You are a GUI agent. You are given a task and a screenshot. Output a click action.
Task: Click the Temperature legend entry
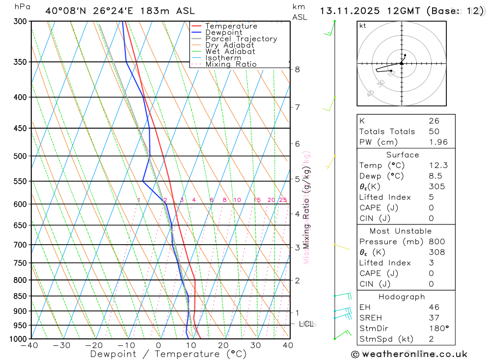(x=231, y=26)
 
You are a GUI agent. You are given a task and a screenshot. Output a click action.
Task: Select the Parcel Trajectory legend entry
(x=241, y=39)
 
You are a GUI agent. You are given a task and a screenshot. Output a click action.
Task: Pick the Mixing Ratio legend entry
(x=231, y=64)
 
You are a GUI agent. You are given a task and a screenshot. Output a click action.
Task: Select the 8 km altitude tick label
(x=297, y=69)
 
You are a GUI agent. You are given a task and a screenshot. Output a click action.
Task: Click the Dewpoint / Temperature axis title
(x=168, y=354)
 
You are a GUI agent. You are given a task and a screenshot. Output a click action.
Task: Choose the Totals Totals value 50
(x=434, y=132)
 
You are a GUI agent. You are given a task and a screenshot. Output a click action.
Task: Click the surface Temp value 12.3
(x=438, y=166)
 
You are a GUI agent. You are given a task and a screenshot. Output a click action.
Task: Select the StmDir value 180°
(x=438, y=329)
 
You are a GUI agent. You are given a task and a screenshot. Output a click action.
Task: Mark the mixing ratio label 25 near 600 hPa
(x=283, y=200)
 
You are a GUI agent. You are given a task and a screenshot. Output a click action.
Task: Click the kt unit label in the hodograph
(x=363, y=26)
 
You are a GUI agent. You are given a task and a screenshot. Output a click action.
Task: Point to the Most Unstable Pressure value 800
(x=436, y=242)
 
